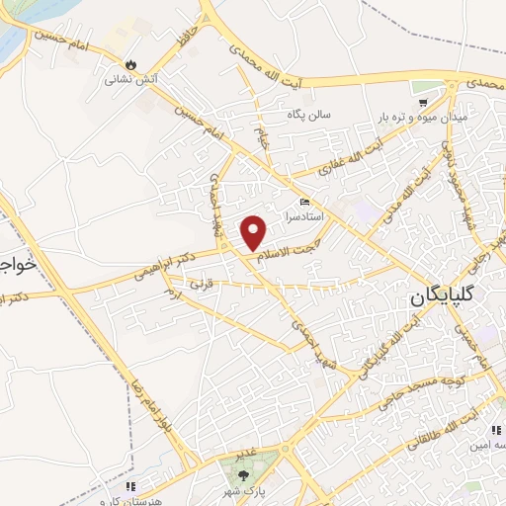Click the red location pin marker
pos(254,232)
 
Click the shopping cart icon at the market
pos(422,102)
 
